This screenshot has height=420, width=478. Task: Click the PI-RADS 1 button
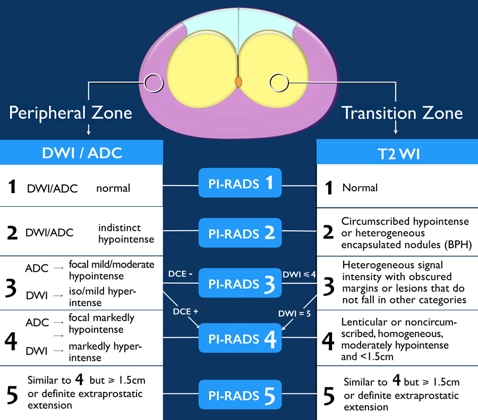coord(238,184)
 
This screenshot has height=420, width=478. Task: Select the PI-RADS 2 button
coord(238,232)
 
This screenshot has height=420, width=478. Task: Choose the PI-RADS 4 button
coord(238,338)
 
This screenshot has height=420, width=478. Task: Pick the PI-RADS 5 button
coord(238,394)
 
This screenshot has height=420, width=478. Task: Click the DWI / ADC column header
coord(82,153)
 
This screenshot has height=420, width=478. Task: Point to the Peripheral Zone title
coord(71,113)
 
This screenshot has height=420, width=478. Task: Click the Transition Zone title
coord(402,113)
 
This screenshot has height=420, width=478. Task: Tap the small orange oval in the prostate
coord(239,82)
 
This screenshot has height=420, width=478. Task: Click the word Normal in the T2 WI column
coord(360,188)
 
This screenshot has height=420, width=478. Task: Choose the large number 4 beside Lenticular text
coord(329,341)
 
